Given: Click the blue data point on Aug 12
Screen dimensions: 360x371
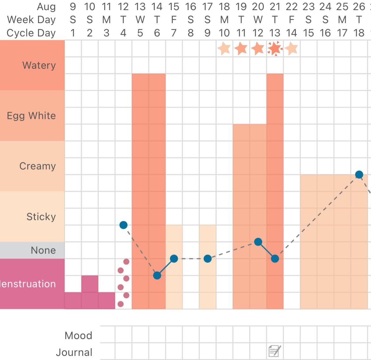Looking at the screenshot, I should coord(123,225).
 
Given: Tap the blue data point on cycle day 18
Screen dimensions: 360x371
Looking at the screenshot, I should coord(359,175).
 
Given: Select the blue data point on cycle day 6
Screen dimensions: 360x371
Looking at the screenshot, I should coord(157,275).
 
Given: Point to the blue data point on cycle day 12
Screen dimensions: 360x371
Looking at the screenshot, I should coord(258,242).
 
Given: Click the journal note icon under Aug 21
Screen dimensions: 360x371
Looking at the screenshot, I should coord(274,351).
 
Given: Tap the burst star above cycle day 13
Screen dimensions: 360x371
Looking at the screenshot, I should coord(275,48).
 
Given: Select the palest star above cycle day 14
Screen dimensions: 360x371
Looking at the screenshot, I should coord(291,48).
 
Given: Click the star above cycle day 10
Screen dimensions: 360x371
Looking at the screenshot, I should coord(224,48).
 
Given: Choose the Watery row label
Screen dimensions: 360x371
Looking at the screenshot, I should coord(39,65).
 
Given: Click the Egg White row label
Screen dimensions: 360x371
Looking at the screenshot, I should coord(31,116).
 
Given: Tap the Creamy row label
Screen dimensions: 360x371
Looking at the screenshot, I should coord(37,166).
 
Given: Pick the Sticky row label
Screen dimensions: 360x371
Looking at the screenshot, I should coord(41,217).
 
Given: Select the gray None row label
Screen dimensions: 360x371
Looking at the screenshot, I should coord(43,250).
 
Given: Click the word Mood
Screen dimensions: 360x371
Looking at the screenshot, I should coord(78,335).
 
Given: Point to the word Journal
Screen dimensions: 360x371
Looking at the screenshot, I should coord(74,352).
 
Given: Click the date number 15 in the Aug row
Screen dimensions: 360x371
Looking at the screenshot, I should coord(174,7).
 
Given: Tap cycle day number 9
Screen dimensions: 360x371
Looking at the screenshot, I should coord(207,33).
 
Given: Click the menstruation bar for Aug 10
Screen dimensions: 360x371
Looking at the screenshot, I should coord(90,292).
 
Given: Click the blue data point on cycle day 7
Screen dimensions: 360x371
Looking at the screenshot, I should coord(174,259).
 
